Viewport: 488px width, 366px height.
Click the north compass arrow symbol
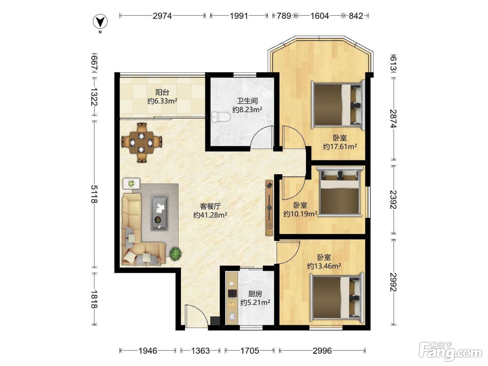100,22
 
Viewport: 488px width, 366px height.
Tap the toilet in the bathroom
221,117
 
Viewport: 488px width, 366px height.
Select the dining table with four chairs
142,143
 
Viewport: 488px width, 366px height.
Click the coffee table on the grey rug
159,212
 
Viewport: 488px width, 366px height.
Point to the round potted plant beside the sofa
175,253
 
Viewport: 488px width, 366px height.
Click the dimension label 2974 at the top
162,16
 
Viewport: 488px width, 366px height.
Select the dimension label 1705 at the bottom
250,351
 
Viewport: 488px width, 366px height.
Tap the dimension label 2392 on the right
394,199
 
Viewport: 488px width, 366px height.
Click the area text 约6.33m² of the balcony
162,101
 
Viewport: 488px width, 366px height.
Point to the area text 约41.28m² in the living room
210,215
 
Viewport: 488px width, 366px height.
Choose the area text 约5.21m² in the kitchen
255,303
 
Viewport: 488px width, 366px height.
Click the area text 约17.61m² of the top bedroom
340,146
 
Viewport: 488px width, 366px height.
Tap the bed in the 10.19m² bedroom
340,191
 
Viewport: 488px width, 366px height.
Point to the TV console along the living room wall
269,207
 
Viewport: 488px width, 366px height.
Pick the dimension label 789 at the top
284,16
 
